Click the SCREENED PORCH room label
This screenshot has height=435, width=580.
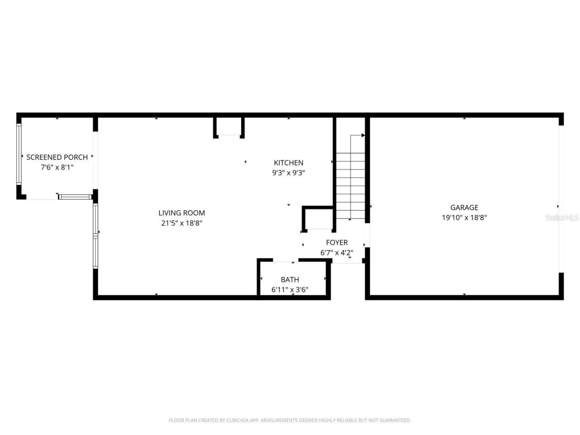point(57,157)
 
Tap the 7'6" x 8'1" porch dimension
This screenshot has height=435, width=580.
point(57,167)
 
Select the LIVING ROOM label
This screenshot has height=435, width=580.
point(182,213)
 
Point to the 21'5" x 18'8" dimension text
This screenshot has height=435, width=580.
point(182,223)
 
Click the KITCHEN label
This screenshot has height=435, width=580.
point(289,163)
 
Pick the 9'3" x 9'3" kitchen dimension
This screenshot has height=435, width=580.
point(289,173)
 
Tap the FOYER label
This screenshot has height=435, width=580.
point(337,243)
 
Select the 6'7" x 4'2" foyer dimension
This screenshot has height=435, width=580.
point(337,253)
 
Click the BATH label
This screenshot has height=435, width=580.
point(290,280)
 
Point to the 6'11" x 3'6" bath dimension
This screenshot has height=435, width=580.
point(290,290)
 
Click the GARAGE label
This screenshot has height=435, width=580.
point(464,208)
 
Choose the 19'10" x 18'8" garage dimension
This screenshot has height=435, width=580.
point(464,217)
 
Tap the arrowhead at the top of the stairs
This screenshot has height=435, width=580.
point(363,135)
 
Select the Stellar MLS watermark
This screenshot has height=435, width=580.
point(562,218)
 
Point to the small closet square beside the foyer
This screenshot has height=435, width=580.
point(319,219)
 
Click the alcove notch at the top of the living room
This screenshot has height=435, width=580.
point(229,127)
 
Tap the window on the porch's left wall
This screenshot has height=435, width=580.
point(19,154)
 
